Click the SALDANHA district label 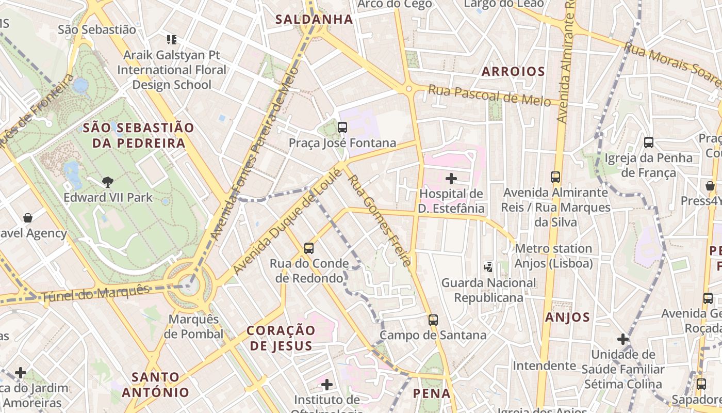tap(314, 20)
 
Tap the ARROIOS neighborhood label tap(513, 71)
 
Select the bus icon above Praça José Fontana tap(342, 127)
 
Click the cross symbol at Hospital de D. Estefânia tap(451, 179)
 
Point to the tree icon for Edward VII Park tap(108, 181)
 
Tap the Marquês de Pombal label tap(193, 326)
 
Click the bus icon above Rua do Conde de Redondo tap(309, 248)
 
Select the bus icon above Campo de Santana tap(433, 320)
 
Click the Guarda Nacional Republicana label tap(488, 290)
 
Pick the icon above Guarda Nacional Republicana tap(488, 267)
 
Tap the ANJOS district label tap(567, 317)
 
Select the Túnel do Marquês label tap(95, 293)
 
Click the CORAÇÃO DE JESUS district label tap(281, 338)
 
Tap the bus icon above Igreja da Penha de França tap(649, 142)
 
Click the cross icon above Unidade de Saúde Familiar tap(623, 339)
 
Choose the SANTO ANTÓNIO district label tap(155, 384)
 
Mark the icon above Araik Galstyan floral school tap(172, 39)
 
